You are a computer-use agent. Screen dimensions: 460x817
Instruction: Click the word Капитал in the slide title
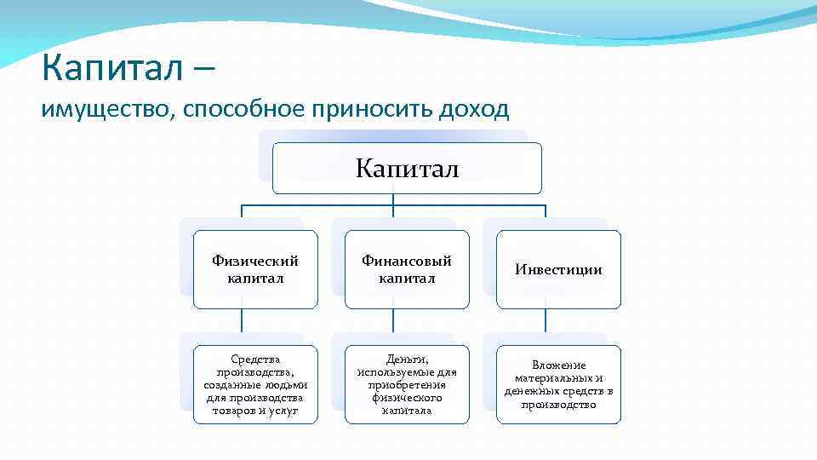pos(111,68)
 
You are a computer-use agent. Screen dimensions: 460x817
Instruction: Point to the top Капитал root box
pos(407,169)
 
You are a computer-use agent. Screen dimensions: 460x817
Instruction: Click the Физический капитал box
pos(255,269)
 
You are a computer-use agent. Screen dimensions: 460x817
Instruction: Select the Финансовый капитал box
pos(407,269)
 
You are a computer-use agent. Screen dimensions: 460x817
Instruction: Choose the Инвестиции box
pos(558,269)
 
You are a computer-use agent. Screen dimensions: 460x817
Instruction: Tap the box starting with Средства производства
pos(255,384)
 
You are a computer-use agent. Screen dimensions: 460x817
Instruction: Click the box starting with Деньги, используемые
pos(407,384)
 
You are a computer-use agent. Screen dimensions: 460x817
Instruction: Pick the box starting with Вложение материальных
pos(558,384)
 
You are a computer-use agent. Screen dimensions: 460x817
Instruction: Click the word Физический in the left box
pos(255,262)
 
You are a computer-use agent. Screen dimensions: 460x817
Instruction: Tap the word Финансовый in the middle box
pos(407,262)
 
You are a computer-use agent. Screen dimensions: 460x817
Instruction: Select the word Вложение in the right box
pos(558,365)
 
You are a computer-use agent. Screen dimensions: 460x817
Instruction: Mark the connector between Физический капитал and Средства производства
pos(242,326)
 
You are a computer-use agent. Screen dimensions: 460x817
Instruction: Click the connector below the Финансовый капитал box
pos(393,326)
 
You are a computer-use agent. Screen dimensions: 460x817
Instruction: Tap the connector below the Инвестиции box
pos(546,326)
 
